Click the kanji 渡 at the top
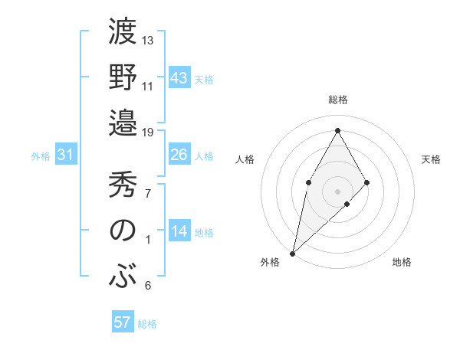[123, 34]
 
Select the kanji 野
[123, 78]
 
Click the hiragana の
[123, 231]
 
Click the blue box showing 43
[179, 78]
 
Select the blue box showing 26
[179, 155]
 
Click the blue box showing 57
[123, 322]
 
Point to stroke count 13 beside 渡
[148, 40]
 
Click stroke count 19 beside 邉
[148, 133]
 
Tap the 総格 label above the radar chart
[337, 100]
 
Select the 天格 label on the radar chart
[431, 159]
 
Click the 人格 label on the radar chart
[245, 159]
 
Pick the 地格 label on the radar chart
[402, 263]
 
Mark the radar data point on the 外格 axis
[292, 253]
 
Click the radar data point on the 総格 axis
[337, 130]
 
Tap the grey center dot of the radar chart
[337, 190]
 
